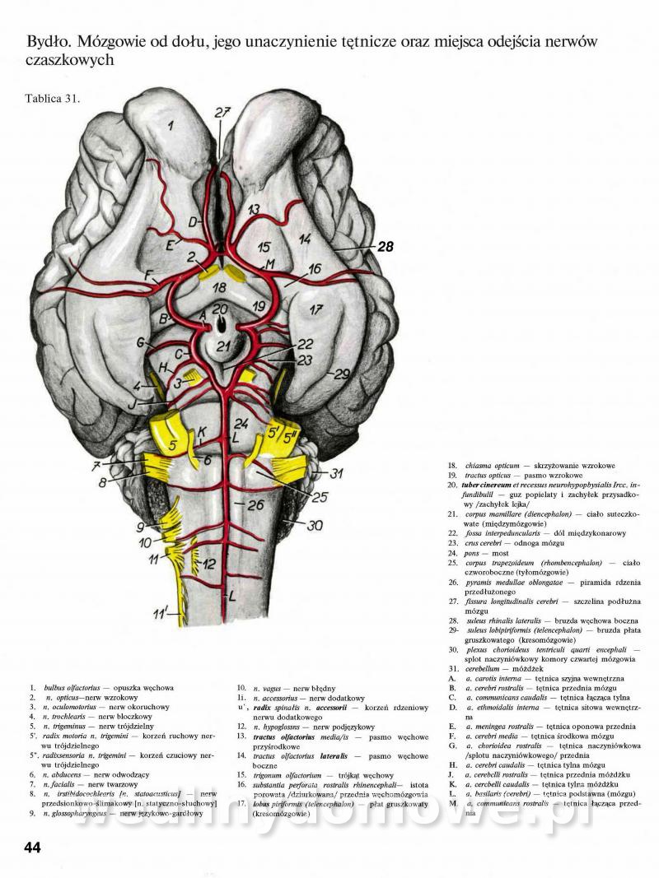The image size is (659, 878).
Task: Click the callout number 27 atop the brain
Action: pos(222,113)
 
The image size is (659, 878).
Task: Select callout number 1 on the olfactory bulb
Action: pos(171,126)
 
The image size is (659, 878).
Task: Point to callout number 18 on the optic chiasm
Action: pos(217,287)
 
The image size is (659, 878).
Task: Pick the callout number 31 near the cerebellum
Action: pos(335,473)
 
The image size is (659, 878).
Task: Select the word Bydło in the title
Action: pos(45,41)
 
